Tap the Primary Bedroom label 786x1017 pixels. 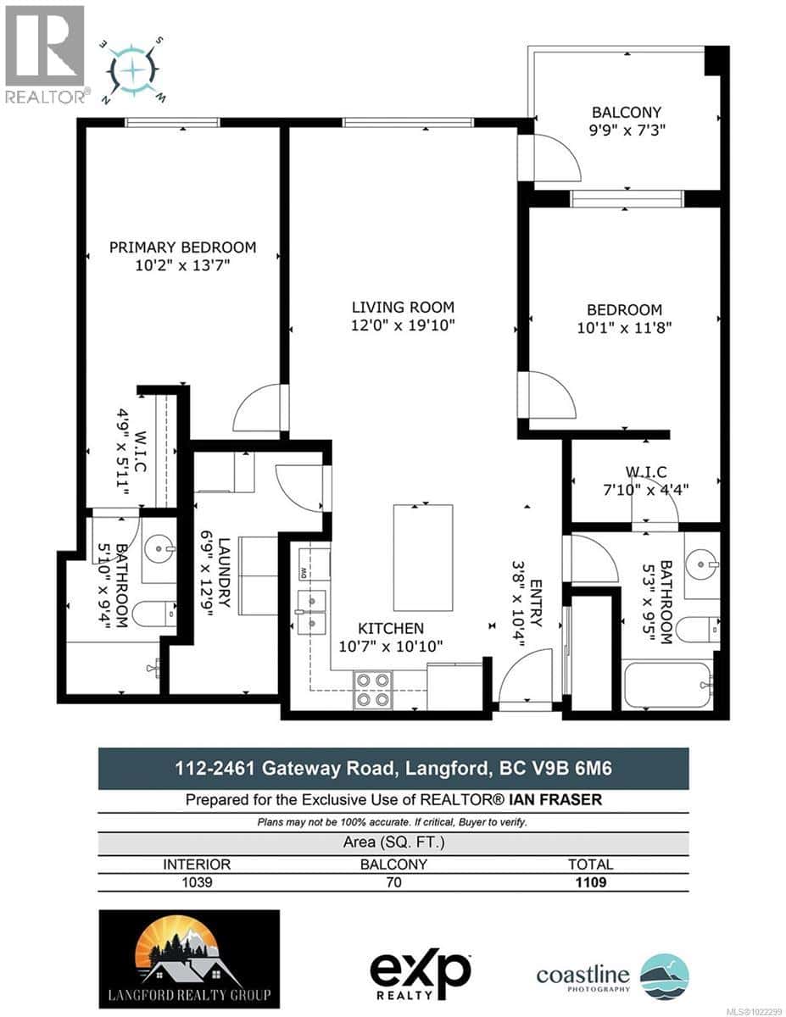pos(182,247)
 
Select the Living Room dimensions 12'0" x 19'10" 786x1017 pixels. pos(404,326)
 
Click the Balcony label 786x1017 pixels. pos(627,112)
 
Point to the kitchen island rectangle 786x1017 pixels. pos(422,559)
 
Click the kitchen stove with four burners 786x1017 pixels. pos(374,689)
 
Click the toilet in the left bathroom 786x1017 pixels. pos(155,613)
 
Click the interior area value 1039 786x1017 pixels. pos(197,882)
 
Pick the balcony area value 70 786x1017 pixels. pos(393,882)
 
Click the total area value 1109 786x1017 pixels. pos(590,882)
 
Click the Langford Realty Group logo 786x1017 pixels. pos(189,959)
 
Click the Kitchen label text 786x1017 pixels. pos(390,629)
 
